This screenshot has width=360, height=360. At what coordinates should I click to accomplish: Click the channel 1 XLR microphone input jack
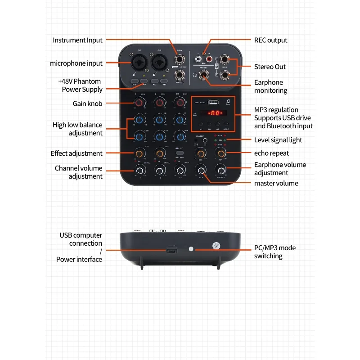point(138,61)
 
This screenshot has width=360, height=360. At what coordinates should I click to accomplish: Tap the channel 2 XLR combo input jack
point(159,61)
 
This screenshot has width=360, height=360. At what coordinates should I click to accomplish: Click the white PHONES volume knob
point(220,170)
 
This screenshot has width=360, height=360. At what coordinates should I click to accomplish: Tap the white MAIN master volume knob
point(201,170)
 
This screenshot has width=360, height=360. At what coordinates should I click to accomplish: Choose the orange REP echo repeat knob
point(220,153)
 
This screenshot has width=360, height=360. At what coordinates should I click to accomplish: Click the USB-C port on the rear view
point(171,250)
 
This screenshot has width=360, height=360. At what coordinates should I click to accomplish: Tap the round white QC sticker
point(215,245)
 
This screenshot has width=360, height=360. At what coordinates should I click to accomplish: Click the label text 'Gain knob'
point(87,103)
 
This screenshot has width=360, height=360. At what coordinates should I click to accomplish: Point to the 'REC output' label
point(270,40)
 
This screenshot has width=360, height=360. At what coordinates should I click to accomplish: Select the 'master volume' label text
point(276,183)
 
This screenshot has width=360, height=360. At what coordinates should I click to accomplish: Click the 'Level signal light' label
point(278,140)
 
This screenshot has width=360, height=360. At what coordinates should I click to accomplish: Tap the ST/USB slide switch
point(180,154)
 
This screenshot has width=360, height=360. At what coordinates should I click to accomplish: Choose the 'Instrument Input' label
point(77,40)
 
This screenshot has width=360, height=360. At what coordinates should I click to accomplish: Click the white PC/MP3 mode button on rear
point(191,249)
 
